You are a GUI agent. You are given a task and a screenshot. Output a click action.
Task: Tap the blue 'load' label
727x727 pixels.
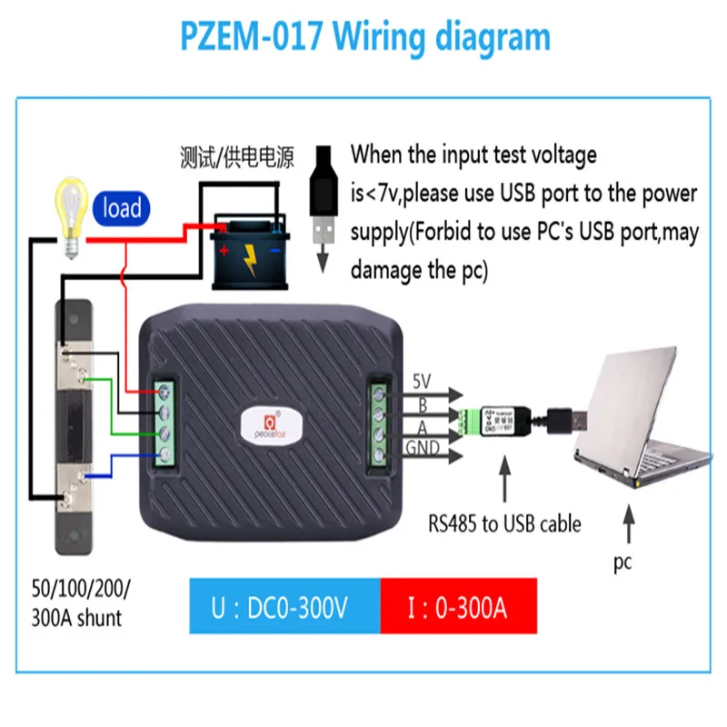click(x=121, y=208)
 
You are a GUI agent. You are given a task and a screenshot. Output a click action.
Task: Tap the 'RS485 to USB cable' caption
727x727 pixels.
click(x=504, y=524)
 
